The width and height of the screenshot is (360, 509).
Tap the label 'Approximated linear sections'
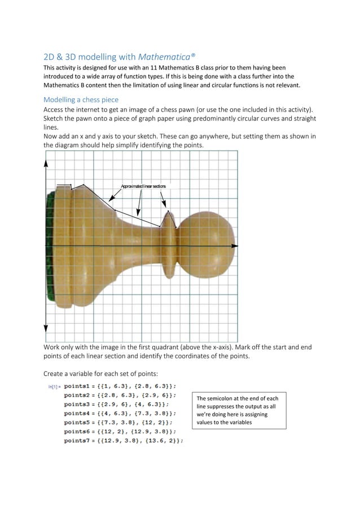(143, 186)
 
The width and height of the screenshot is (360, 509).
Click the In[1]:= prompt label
(54, 387)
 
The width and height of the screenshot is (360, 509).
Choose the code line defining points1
(120, 387)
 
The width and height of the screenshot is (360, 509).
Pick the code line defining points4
(120, 414)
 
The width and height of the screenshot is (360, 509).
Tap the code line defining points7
(123, 441)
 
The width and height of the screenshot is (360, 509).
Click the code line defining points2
(120, 396)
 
